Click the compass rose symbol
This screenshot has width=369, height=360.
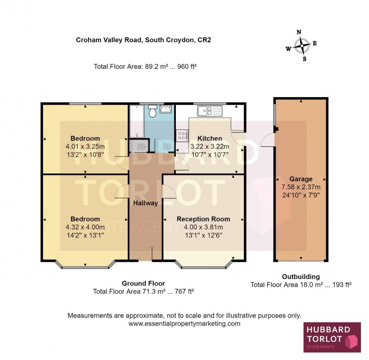(x=301, y=46)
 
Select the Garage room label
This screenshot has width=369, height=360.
(x=300, y=179)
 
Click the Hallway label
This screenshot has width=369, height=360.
(x=146, y=203)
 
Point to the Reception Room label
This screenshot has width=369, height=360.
(x=203, y=219)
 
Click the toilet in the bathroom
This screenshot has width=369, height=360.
(x=152, y=112)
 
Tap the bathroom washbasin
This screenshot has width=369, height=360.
(x=166, y=109)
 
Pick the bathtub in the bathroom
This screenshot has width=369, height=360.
(x=135, y=121)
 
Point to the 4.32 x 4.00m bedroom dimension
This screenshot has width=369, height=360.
(x=85, y=227)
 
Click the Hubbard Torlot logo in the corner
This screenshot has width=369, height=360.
(x=332, y=337)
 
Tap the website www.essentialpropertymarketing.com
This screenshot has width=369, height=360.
(x=184, y=323)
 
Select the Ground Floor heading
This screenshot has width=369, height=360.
(x=143, y=284)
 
